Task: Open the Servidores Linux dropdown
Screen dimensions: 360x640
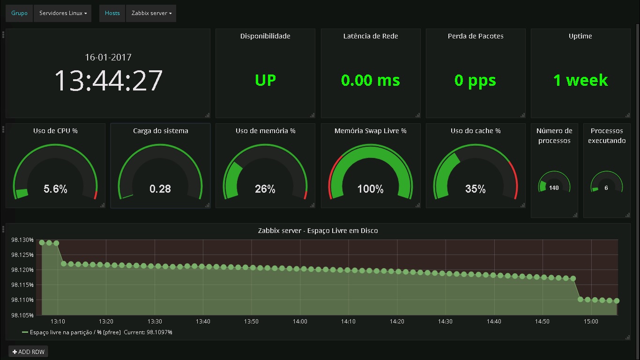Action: tap(63, 13)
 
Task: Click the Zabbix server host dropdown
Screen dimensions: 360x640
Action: tap(151, 13)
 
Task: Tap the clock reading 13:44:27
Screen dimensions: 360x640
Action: tap(108, 80)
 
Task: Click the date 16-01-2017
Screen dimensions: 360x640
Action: tap(108, 57)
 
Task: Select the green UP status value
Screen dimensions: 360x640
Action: tap(265, 80)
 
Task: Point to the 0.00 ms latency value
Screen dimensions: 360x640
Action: tap(371, 80)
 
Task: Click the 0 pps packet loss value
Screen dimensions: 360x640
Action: tap(475, 80)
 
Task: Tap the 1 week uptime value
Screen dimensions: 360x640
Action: tap(580, 80)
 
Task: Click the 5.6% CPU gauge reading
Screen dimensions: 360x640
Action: tap(55, 189)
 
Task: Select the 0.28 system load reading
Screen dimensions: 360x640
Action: tap(160, 189)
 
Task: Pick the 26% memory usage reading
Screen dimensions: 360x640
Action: tap(265, 189)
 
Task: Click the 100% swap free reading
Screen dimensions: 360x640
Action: tap(370, 189)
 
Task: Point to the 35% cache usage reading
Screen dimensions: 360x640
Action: tap(475, 189)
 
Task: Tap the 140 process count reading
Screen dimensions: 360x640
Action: tap(554, 188)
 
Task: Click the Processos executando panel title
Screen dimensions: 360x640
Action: tap(607, 135)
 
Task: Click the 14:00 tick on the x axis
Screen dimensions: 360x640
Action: tap(300, 322)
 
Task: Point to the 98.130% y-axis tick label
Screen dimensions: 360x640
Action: tap(22, 240)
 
